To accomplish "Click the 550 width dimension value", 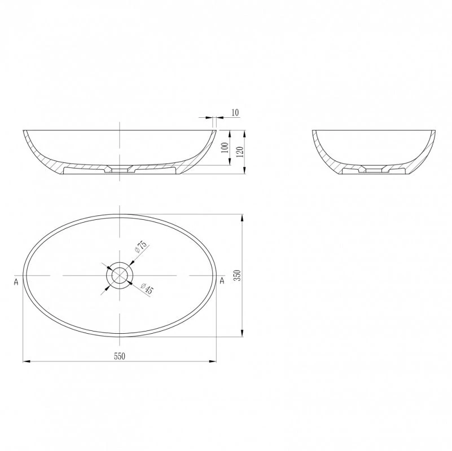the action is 119,356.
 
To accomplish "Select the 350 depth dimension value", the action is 238,276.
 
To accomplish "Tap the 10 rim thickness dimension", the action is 235,112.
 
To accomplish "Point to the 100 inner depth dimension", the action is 225,148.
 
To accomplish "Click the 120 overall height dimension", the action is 240,152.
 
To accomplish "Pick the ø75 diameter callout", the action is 141,246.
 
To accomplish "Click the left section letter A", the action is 16,282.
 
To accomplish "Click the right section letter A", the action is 222,280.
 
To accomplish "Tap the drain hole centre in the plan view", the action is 119,275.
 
